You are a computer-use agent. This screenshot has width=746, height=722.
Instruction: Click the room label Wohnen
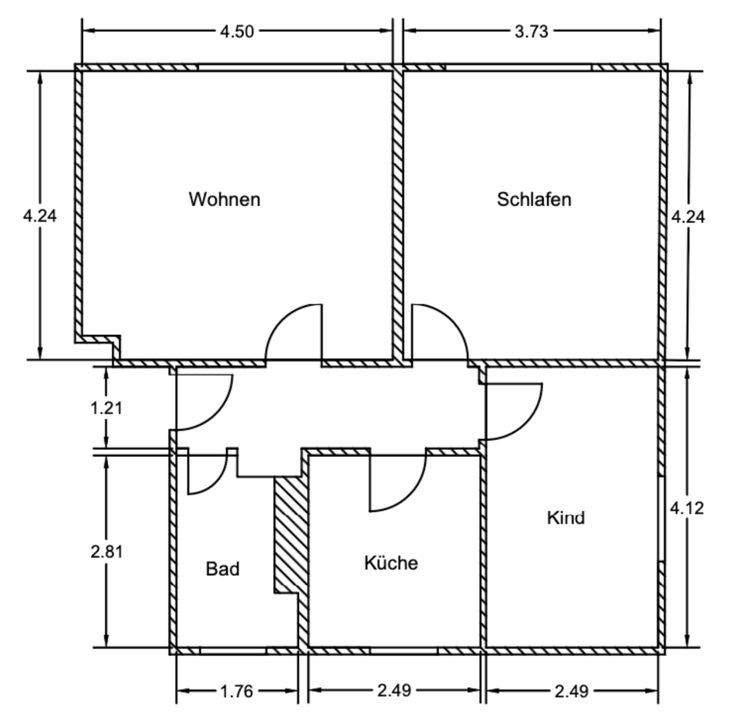pos(224,199)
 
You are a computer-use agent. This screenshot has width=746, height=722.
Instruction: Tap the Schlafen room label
pos(534,199)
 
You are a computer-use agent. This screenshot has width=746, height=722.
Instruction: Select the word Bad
pos(222,569)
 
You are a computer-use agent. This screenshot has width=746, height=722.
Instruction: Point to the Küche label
pos(391,563)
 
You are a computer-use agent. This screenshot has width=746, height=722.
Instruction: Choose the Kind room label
pos(566,517)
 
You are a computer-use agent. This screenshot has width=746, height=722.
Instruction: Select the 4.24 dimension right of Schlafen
pos(688,217)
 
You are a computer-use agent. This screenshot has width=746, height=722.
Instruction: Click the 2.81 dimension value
pos(106,551)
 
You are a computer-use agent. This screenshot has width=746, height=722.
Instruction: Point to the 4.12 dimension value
pos(688,509)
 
